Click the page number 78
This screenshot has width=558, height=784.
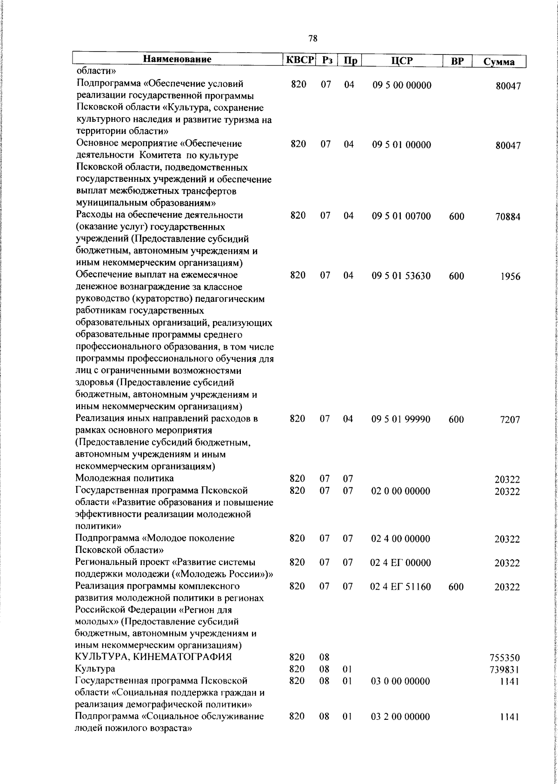point(312,39)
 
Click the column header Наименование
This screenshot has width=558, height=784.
point(177,60)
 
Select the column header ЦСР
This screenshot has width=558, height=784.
point(402,61)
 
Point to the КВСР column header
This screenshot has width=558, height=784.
point(300,60)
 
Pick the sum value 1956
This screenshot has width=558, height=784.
point(511,277)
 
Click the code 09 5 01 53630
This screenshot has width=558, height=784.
point(401,276)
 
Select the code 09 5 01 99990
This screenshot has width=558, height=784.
point(401,419)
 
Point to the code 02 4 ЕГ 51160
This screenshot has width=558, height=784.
point(400,587)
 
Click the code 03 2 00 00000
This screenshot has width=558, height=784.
point(400,730)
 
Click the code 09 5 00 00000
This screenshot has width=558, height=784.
point(402,85)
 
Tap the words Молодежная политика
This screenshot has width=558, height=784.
point(125,478)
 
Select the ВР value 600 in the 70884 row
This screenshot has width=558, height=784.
point(457,217)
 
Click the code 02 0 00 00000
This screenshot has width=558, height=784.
point(400,491)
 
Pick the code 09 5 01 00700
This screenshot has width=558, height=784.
point(401,216)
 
